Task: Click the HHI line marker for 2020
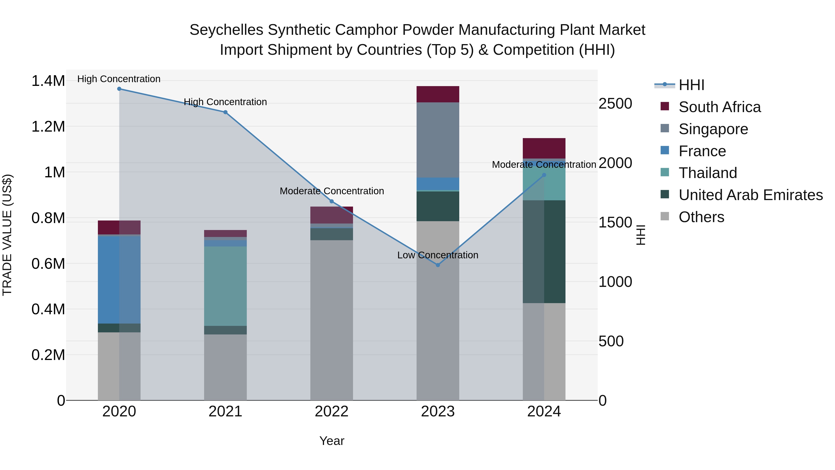[x=119, y=89]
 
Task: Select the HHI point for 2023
[x=438, y=265]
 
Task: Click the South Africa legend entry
[x=719, y=107]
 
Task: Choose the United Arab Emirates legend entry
[x=750, y=195]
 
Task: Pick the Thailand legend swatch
[x=665, y=172]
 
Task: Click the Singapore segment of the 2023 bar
[x=438, y=140]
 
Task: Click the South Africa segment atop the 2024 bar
[x=544, y=148]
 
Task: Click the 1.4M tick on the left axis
[x=48, y=81]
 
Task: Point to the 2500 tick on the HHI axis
[x=615, y=104]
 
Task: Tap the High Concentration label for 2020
[x=119, y=79]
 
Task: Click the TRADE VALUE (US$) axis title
[x=7, y=235]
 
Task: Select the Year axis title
[x=332, y=441]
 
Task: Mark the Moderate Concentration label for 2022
[x=332, y=191]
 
